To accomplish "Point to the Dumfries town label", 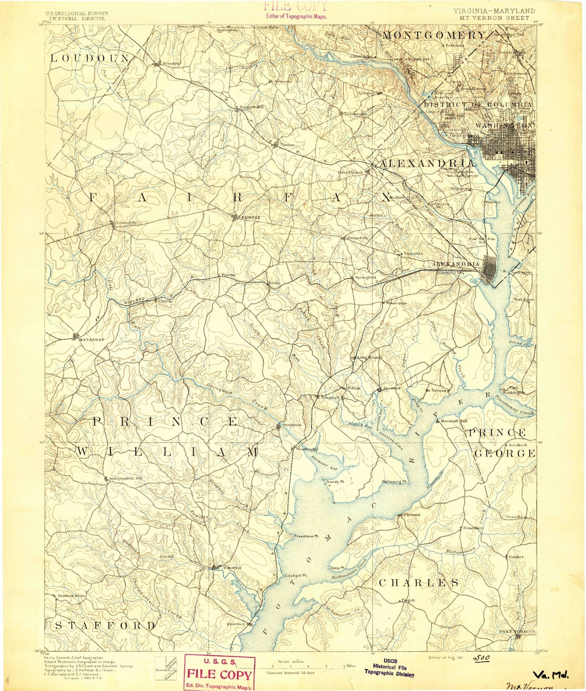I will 232,568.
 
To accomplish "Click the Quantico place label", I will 238,624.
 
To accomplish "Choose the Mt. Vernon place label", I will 435,391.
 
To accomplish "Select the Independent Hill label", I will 126,479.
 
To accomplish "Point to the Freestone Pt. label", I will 307,536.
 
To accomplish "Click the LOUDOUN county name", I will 90,58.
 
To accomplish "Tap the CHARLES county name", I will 419,583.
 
